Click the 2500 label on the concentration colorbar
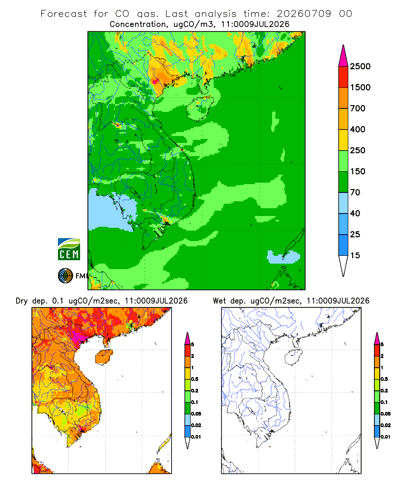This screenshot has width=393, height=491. pyautogui.click(x=360, y=66)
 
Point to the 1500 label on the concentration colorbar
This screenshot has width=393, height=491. pyautogui.click(x=360, y=87)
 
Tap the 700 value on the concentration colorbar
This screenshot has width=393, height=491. pyautogui.click(x=358, y=109)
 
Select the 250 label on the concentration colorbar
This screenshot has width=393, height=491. pyautogui.click(x=358, y=150)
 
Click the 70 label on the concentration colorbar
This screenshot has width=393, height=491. pyautogui.click(x=355, y=192)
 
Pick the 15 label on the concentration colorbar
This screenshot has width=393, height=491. pyautogui.click(x=355, y=255)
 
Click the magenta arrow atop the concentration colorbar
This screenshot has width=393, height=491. pyautogui.click(x=343, y=56)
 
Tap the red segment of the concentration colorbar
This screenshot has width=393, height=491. pyautogui.click(x=343, y=77)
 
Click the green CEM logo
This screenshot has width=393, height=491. pyautogui.click(x=69, y=249)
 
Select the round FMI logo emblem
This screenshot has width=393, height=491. pyautogui.click(x=65, y=276)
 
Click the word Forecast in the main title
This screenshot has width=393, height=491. pyautogui.click(x=64, y=14)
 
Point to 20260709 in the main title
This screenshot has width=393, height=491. pyautogui.click(x=304, y=14)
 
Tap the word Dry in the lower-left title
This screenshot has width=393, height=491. pyautogui.click(x=22, y=301)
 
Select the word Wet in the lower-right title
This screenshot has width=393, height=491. pyautogui.click(x=219, y=301)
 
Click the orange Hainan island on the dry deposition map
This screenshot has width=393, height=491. pyautogui.click(x=104, y=357)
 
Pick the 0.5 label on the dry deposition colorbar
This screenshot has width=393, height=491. pyautogui.click(x=195, y=379)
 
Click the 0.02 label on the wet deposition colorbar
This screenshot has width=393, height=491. pyautogui.click(x=386, y=425)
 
